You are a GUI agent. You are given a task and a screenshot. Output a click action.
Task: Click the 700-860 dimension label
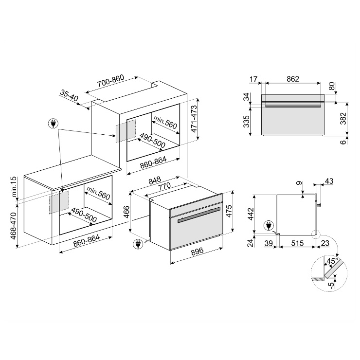pyautogui.click(x=110, y=81)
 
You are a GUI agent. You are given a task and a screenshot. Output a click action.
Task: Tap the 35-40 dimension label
pyautogui.click(x=69, y=95)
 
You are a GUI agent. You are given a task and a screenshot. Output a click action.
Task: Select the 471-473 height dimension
pyautogui.click(x=194, y=119)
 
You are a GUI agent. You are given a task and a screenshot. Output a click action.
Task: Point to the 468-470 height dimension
pyautogui.click(x=14, y=226)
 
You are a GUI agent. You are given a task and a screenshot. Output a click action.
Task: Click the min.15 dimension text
pyautogui.click(x=14, y=186)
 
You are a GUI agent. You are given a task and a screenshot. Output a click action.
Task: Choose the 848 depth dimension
pyautogui.click(x=155, y=180)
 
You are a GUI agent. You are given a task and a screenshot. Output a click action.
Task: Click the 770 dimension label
pyautogui.click(x=164, y=185)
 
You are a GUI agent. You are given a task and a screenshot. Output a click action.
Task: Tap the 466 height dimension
pyautogui.click(x=126, y=213)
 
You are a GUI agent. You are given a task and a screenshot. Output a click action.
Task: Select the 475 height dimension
pyautogui.click(x=229, y=211)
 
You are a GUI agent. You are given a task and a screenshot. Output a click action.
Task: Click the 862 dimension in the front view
pyautogui.click(x=293, y=79)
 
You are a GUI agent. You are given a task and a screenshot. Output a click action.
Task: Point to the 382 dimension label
pyautogui.click(x=343, y=119)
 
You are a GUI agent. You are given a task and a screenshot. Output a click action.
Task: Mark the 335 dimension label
pyautogui.click(x=246, y=122)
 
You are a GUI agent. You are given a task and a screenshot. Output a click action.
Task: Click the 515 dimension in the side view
pyautogui.click(x=297, y=243)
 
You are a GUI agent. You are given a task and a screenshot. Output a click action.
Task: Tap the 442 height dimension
pyautogui.click(x=251, y=214)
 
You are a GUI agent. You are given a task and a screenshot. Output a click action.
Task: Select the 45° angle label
pyautogui.click(x=332, y=261)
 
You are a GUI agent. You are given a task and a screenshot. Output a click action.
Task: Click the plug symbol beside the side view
pyautogui.click(x=269, y=225)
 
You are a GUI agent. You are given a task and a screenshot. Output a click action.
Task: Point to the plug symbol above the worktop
pyautogui.click(x=53, y=124)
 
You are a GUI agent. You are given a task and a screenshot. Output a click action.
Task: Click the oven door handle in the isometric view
pyautogui.click(x=199, y=215)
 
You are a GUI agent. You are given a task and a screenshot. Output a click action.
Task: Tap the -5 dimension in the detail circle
pyautogui.click(x=331, y=285)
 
